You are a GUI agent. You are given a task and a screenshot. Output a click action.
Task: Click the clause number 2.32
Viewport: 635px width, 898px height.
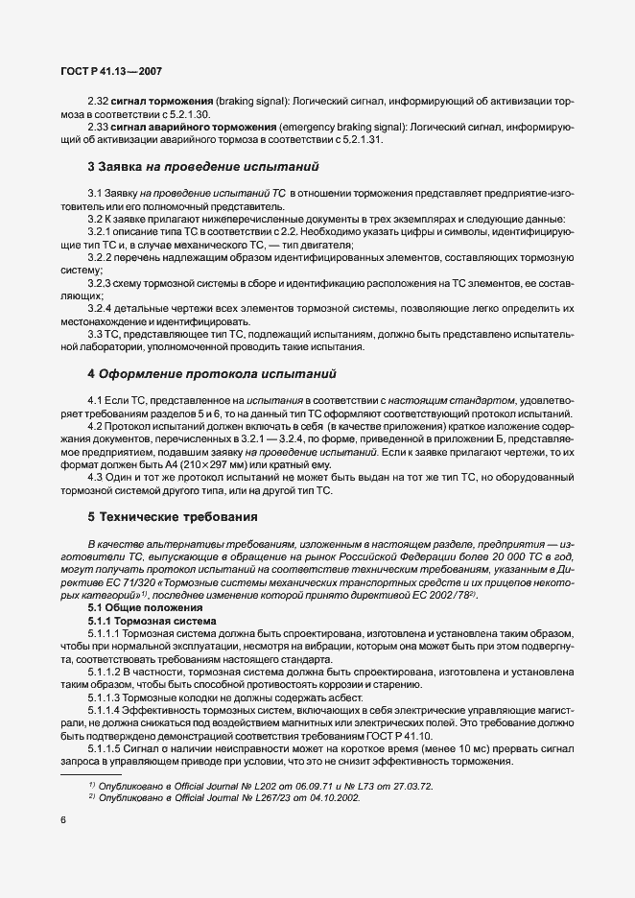point(99,99)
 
